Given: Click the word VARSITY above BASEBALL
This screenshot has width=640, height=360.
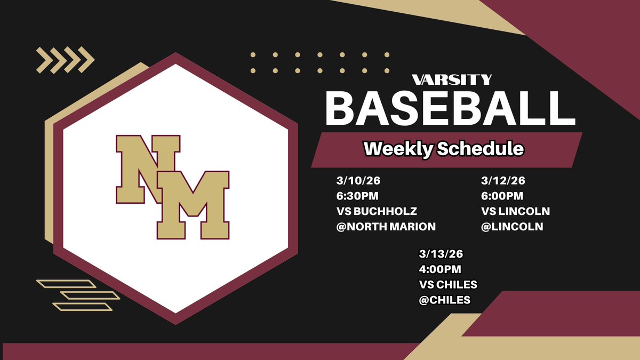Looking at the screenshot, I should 452,80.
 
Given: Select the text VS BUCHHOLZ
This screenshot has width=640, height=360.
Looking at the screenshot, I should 369,211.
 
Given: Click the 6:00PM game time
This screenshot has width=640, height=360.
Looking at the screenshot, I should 502,196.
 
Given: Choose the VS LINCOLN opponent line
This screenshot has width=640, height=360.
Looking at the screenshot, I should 515,211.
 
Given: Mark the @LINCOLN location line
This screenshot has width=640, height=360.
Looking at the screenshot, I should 512,226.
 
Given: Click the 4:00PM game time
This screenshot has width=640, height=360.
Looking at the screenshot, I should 440,270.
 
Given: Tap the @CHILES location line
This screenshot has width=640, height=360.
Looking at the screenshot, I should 445,300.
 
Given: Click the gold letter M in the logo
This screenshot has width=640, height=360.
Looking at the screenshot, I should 193,205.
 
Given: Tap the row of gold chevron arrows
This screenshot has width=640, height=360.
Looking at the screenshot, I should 65,60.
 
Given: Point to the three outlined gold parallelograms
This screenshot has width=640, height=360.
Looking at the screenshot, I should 78,295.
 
